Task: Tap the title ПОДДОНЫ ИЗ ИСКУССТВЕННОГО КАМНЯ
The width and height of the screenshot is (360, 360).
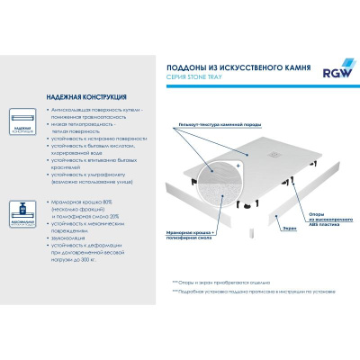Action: (231, 67)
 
